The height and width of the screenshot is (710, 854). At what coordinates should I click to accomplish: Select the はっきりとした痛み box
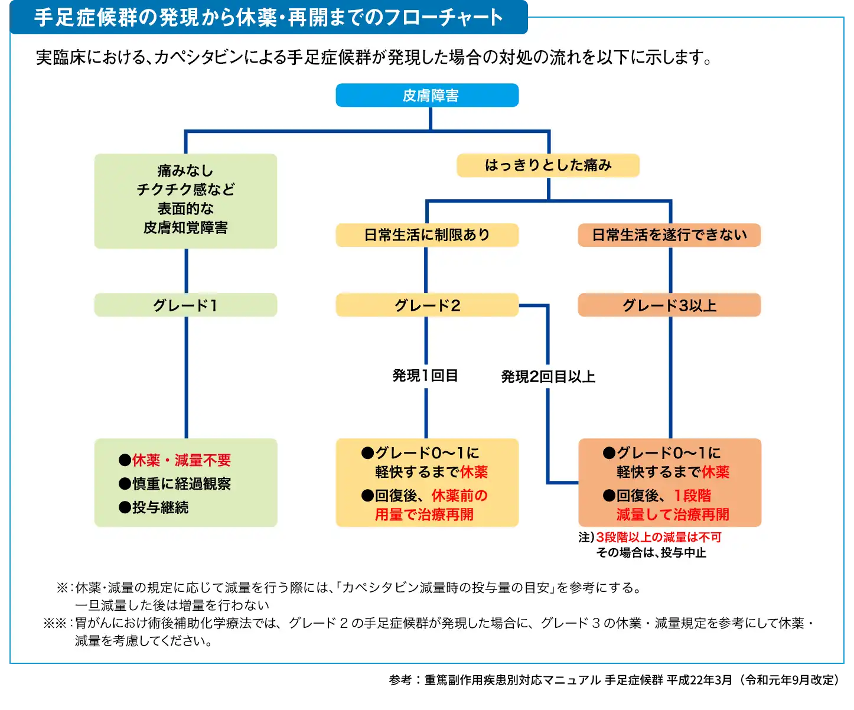pyautogui.click(x=547, y=165)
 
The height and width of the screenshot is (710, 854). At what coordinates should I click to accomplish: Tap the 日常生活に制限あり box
pyautogui.click(x=427, y=235)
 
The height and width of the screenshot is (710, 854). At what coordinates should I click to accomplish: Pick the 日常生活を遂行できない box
pyautogui.click(x=669, y=235)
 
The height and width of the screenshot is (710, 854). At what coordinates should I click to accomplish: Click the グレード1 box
pyautogui.click(x=185, y=305)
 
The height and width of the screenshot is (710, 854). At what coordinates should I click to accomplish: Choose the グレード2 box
pyautogui.click(x=427, y=305)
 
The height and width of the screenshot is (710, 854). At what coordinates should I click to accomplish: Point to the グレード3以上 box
pyautogui.click(x=669, y=305)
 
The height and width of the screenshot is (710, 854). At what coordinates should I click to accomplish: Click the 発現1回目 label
pyautogui.click(x=425, y=376)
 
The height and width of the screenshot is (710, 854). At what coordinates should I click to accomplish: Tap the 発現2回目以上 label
pyautogui.click(x=548, y=377)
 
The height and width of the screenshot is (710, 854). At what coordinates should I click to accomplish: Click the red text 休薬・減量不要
pyautogui.click(x=181, y=460)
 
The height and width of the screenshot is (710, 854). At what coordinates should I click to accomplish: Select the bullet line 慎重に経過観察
pyautogui.click(x=181, y=484)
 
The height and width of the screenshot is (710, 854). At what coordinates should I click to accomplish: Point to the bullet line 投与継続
pyautogui.click(x=160, y=507)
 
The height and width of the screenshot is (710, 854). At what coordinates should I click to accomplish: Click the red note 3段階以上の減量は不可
pyautogui.click(x=659, y=537)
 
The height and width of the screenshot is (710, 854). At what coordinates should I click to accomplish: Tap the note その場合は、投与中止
pyautogui.click(x=651, y=552)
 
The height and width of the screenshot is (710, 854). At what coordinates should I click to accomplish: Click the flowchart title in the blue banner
pyautogui.click(x=268, y=17)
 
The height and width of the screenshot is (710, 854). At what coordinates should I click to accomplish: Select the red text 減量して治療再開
pyautogui.click(x=673, y=514)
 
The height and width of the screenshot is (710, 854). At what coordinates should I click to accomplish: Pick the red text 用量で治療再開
pyautogui.click(x=424, y=514)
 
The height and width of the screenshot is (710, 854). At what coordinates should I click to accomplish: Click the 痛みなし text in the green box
pyautogui.click(x=185, y=171)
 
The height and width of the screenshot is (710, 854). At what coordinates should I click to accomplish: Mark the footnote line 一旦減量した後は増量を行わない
pyautogui.click(x=172, y=605)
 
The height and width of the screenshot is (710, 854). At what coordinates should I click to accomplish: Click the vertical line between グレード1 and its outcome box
pyautogui.click(x=186, y=378)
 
